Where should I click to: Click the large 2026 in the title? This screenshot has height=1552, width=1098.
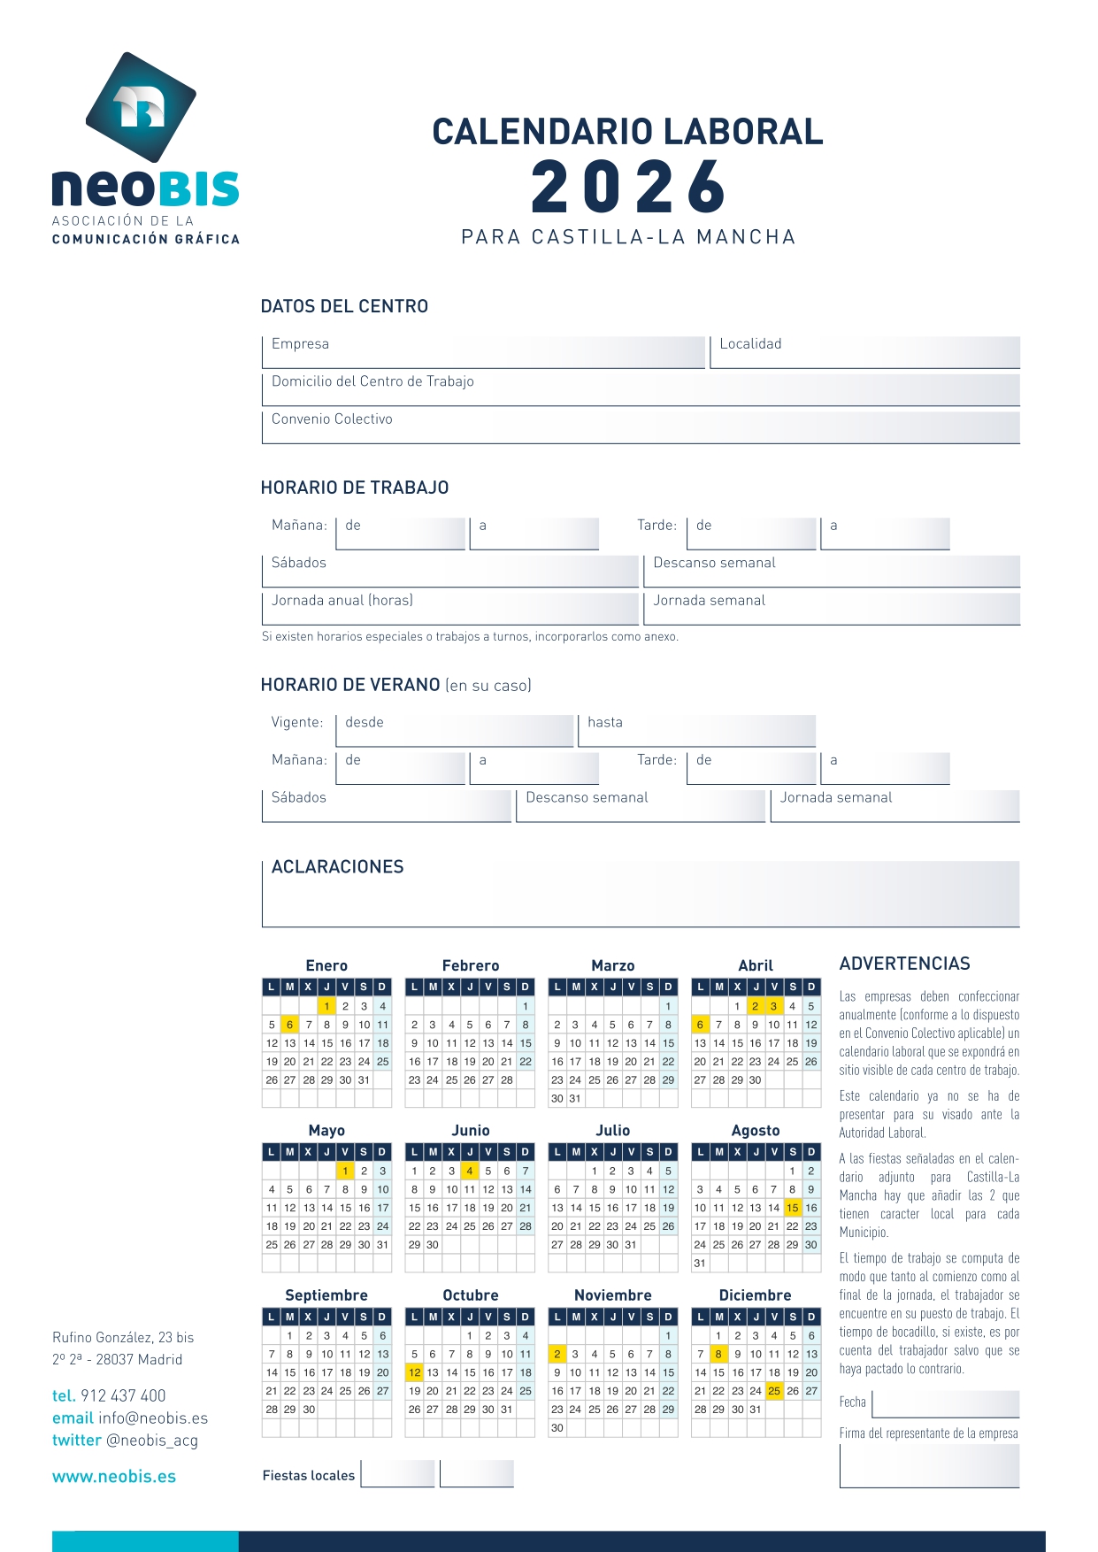click(x=627, y=188)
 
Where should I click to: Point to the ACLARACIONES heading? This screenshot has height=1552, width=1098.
click(x=337, y=867)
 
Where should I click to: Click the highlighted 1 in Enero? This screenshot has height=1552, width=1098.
click(x=327, y=1006)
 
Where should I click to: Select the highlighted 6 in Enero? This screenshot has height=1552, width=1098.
click(x=289, y=1025)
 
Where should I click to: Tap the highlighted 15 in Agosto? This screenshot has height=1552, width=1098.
click(x=793, y=1208)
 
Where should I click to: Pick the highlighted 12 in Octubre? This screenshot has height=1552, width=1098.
click(x=414, y=1372)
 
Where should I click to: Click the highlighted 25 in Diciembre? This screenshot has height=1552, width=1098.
click(x=774, y=1391)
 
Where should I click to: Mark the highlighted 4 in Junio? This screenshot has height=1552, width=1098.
click(x=470, y=1171)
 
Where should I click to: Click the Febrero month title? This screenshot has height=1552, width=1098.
click(x=471, y=965)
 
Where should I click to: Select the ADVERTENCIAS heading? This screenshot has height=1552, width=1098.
click(x=904, y=964)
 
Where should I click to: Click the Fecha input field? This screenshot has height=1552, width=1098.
click(x=945, y=1403)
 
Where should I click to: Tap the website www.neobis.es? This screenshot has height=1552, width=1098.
click(x=114, y=1477)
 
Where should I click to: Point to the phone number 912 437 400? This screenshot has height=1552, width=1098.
click(x=123, y=1396)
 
